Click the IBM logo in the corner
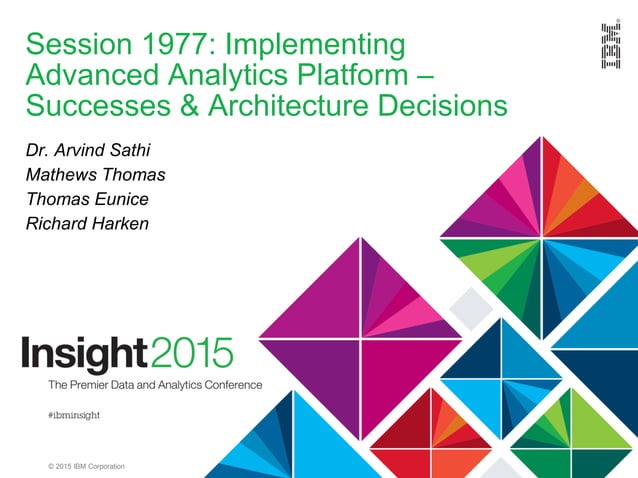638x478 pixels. click(609, 46)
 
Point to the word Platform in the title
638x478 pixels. click(349, 75)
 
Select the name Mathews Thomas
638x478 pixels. click(95, 176)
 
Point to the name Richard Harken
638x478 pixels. click(87, 223)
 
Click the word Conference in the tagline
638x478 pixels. click(229, 385)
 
